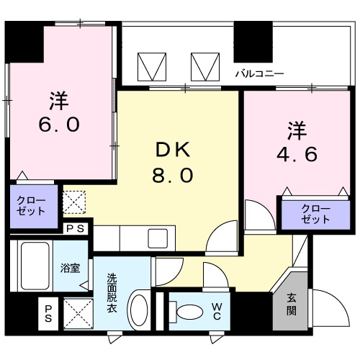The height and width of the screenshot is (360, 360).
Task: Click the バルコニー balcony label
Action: (x=260, y=73)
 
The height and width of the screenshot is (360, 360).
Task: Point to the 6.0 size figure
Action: (x=58, y=124)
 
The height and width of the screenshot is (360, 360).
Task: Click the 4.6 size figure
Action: (x=298, y=156)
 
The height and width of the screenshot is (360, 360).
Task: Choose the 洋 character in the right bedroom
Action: (x=298, y=130)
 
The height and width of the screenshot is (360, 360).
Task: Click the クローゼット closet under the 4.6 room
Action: (x=315, y=214)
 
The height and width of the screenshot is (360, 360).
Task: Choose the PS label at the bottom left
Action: (x=49, y=312)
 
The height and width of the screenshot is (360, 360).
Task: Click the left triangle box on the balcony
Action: (x=152, y=67)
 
